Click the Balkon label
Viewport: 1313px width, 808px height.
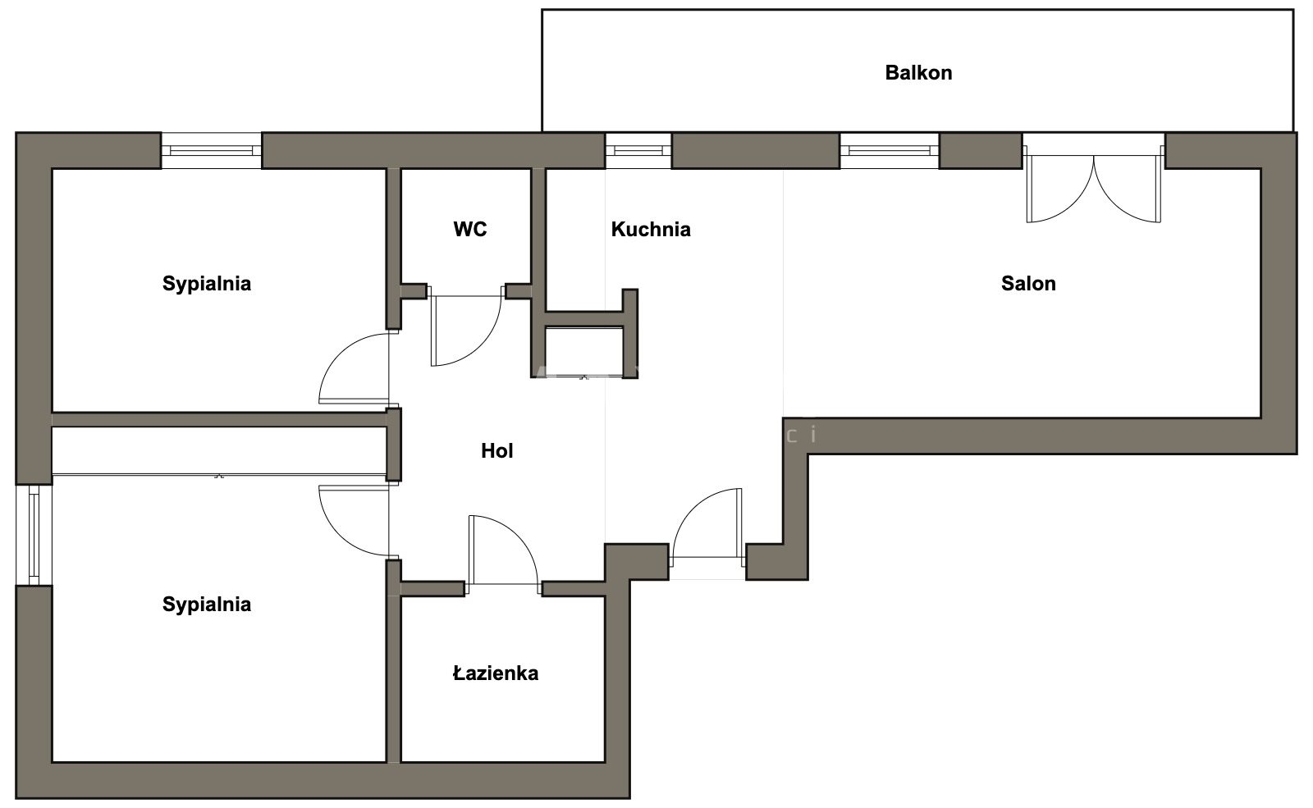pos(918,73)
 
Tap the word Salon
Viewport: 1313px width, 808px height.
pos(1028,284)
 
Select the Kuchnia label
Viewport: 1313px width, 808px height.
pos(651,229)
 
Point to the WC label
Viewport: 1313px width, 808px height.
pos(469,229)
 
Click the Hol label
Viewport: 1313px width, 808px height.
pos(497,450)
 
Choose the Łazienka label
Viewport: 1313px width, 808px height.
pos(496,673)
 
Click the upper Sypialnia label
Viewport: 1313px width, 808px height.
pos(206,284)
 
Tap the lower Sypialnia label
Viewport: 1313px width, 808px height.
pos(206,604)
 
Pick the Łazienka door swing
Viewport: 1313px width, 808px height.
pos(503,550)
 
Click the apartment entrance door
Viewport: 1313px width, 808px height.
pos(707,528)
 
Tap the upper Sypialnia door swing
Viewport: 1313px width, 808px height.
pos(354,368)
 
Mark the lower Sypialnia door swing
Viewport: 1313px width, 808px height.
pos(354,521)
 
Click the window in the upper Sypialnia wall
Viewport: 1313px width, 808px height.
pos(211,151)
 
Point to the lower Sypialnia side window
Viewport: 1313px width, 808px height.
pos(34,535)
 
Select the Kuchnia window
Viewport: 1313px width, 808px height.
pos(638,151)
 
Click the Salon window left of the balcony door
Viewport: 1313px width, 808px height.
pos(890,151)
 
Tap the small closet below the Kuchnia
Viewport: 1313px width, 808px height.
pos(583,352)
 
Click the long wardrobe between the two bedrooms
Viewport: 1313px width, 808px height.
pos(219,450)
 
